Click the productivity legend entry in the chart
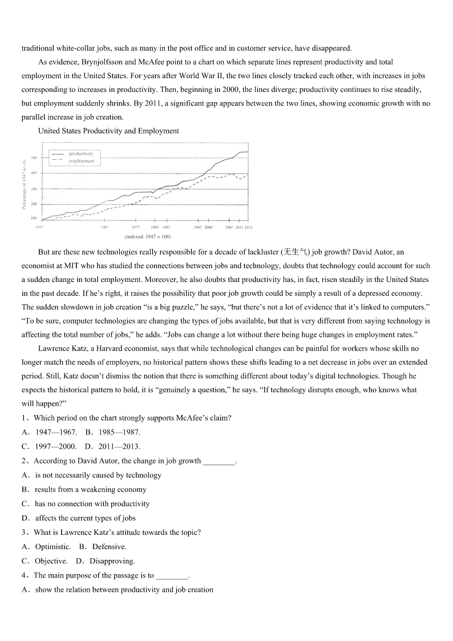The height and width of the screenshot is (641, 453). click(80, 154)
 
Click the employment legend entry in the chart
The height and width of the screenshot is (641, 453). click(81, 161)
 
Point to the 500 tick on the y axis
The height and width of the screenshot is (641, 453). click(34, 158)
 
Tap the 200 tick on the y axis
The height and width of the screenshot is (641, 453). click(34, 204)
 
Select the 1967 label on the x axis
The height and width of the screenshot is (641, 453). click(104, 227)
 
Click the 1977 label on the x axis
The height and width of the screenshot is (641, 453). click(136, 227)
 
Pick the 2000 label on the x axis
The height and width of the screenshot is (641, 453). click(209, 227)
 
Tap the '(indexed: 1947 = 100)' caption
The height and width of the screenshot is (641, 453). click(148, 236)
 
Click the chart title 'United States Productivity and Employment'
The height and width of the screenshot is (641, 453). click(108, 131)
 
